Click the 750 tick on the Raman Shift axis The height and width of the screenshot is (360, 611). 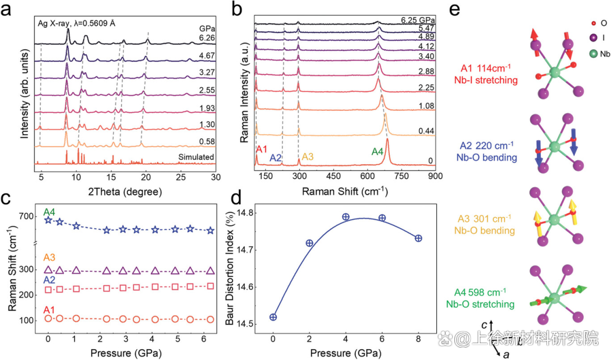click(x=402, y=178)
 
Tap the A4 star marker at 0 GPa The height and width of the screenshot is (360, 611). click(x=49, y=220)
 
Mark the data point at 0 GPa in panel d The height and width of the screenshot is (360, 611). click(x=273, y=317)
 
